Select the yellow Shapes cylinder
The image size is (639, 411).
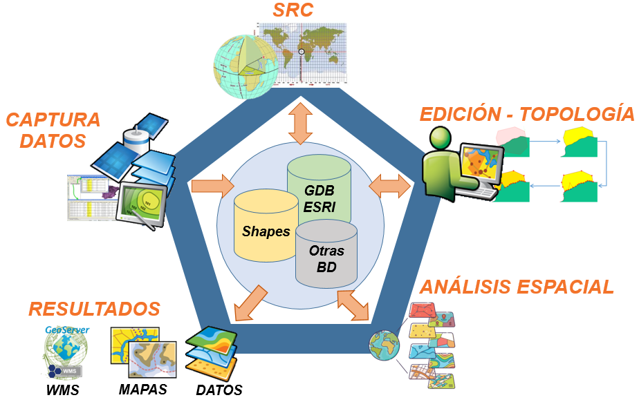[x=266, y=227]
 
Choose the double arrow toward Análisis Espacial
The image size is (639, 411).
[x=353, y=305]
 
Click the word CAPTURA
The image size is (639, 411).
[x=53, y=120]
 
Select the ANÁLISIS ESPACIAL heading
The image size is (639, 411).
[x=517, y=287]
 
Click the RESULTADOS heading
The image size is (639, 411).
[x=94, y=309]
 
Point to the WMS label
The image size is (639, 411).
[x=62, y=391]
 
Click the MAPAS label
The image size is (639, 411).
[x=142, y=389]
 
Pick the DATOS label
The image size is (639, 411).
[x=219, y=390]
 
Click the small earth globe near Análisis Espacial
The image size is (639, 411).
[x=385, y=345]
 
